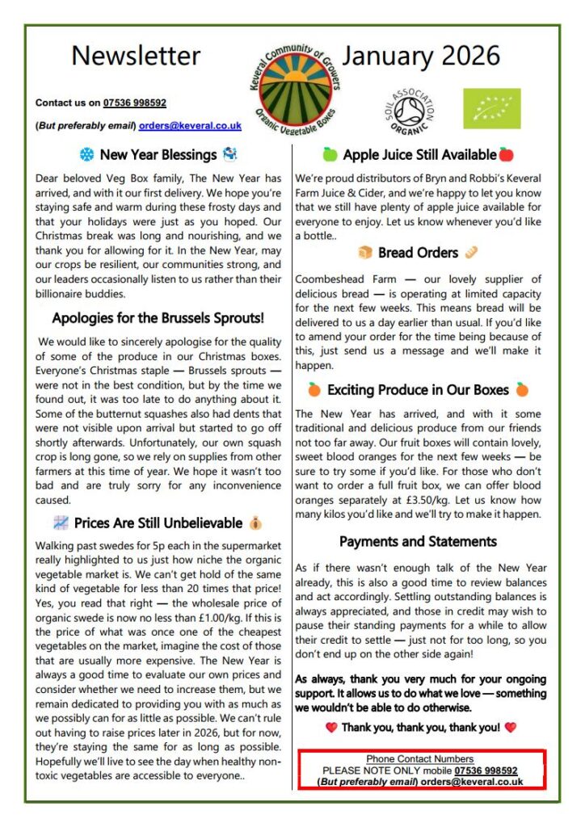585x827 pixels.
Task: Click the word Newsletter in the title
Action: [136, 56]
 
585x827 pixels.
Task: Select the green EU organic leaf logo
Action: [491, 109]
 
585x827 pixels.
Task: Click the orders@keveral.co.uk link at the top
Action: [190, 126]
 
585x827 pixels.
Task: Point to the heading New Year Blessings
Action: [158, 154]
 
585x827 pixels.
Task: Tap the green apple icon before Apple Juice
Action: [330, 154]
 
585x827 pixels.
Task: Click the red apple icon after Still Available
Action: [507, 154]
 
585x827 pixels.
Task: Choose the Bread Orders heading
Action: [418, 253]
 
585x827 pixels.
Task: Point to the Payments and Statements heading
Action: [418, 541]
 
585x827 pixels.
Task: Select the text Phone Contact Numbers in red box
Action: [419, 759]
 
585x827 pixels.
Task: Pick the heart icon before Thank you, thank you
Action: [330, 728]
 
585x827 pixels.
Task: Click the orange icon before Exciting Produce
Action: [314, 390]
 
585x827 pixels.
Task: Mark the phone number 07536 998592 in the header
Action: [135, 103]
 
